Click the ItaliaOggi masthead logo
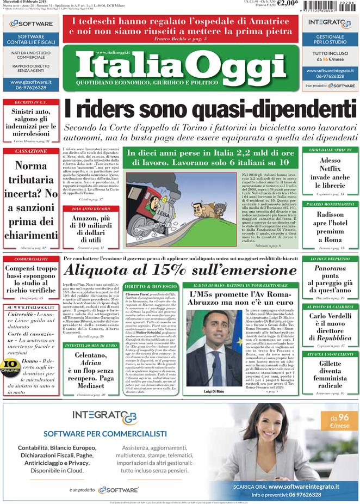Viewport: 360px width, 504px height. click(180, 66)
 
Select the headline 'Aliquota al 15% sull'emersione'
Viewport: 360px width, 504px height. click(180, 269)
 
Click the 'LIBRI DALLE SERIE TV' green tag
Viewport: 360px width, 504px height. click(330, 150)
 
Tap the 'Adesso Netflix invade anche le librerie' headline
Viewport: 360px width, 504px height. click(330, 173)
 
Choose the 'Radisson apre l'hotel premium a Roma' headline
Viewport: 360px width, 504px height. click(330, 227)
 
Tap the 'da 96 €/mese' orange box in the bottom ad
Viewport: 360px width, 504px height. click(332, 421)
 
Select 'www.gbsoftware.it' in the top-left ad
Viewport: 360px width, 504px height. click(30, 82)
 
